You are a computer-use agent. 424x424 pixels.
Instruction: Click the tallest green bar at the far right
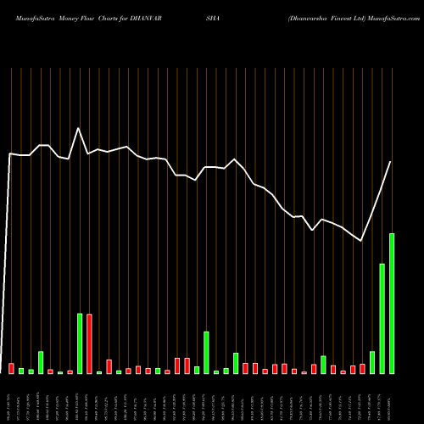click(x=392, y=304)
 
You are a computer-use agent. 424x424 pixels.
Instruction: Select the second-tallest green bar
click(x=382, y=319)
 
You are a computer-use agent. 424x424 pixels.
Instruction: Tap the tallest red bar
click(x=89, y=343)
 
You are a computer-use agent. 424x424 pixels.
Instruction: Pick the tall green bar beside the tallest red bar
click(x=80, y=343)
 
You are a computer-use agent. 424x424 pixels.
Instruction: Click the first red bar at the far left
click(x=11, y=368)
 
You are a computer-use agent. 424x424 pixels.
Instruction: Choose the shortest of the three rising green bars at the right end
click(x=372, y=362)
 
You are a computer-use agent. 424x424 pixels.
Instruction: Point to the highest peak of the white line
click(x=79, y=128)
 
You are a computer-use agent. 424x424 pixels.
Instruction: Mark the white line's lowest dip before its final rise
click(x=362, y=242)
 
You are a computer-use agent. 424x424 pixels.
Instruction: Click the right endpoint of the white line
click(x=391, y=162)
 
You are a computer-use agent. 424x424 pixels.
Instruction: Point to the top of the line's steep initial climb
click(x=10, y=154)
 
